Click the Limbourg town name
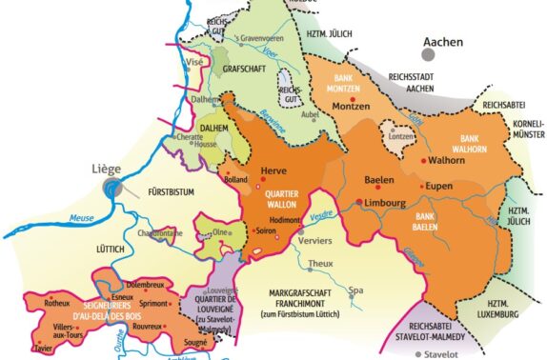(386, 203)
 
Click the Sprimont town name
(156, 303)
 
